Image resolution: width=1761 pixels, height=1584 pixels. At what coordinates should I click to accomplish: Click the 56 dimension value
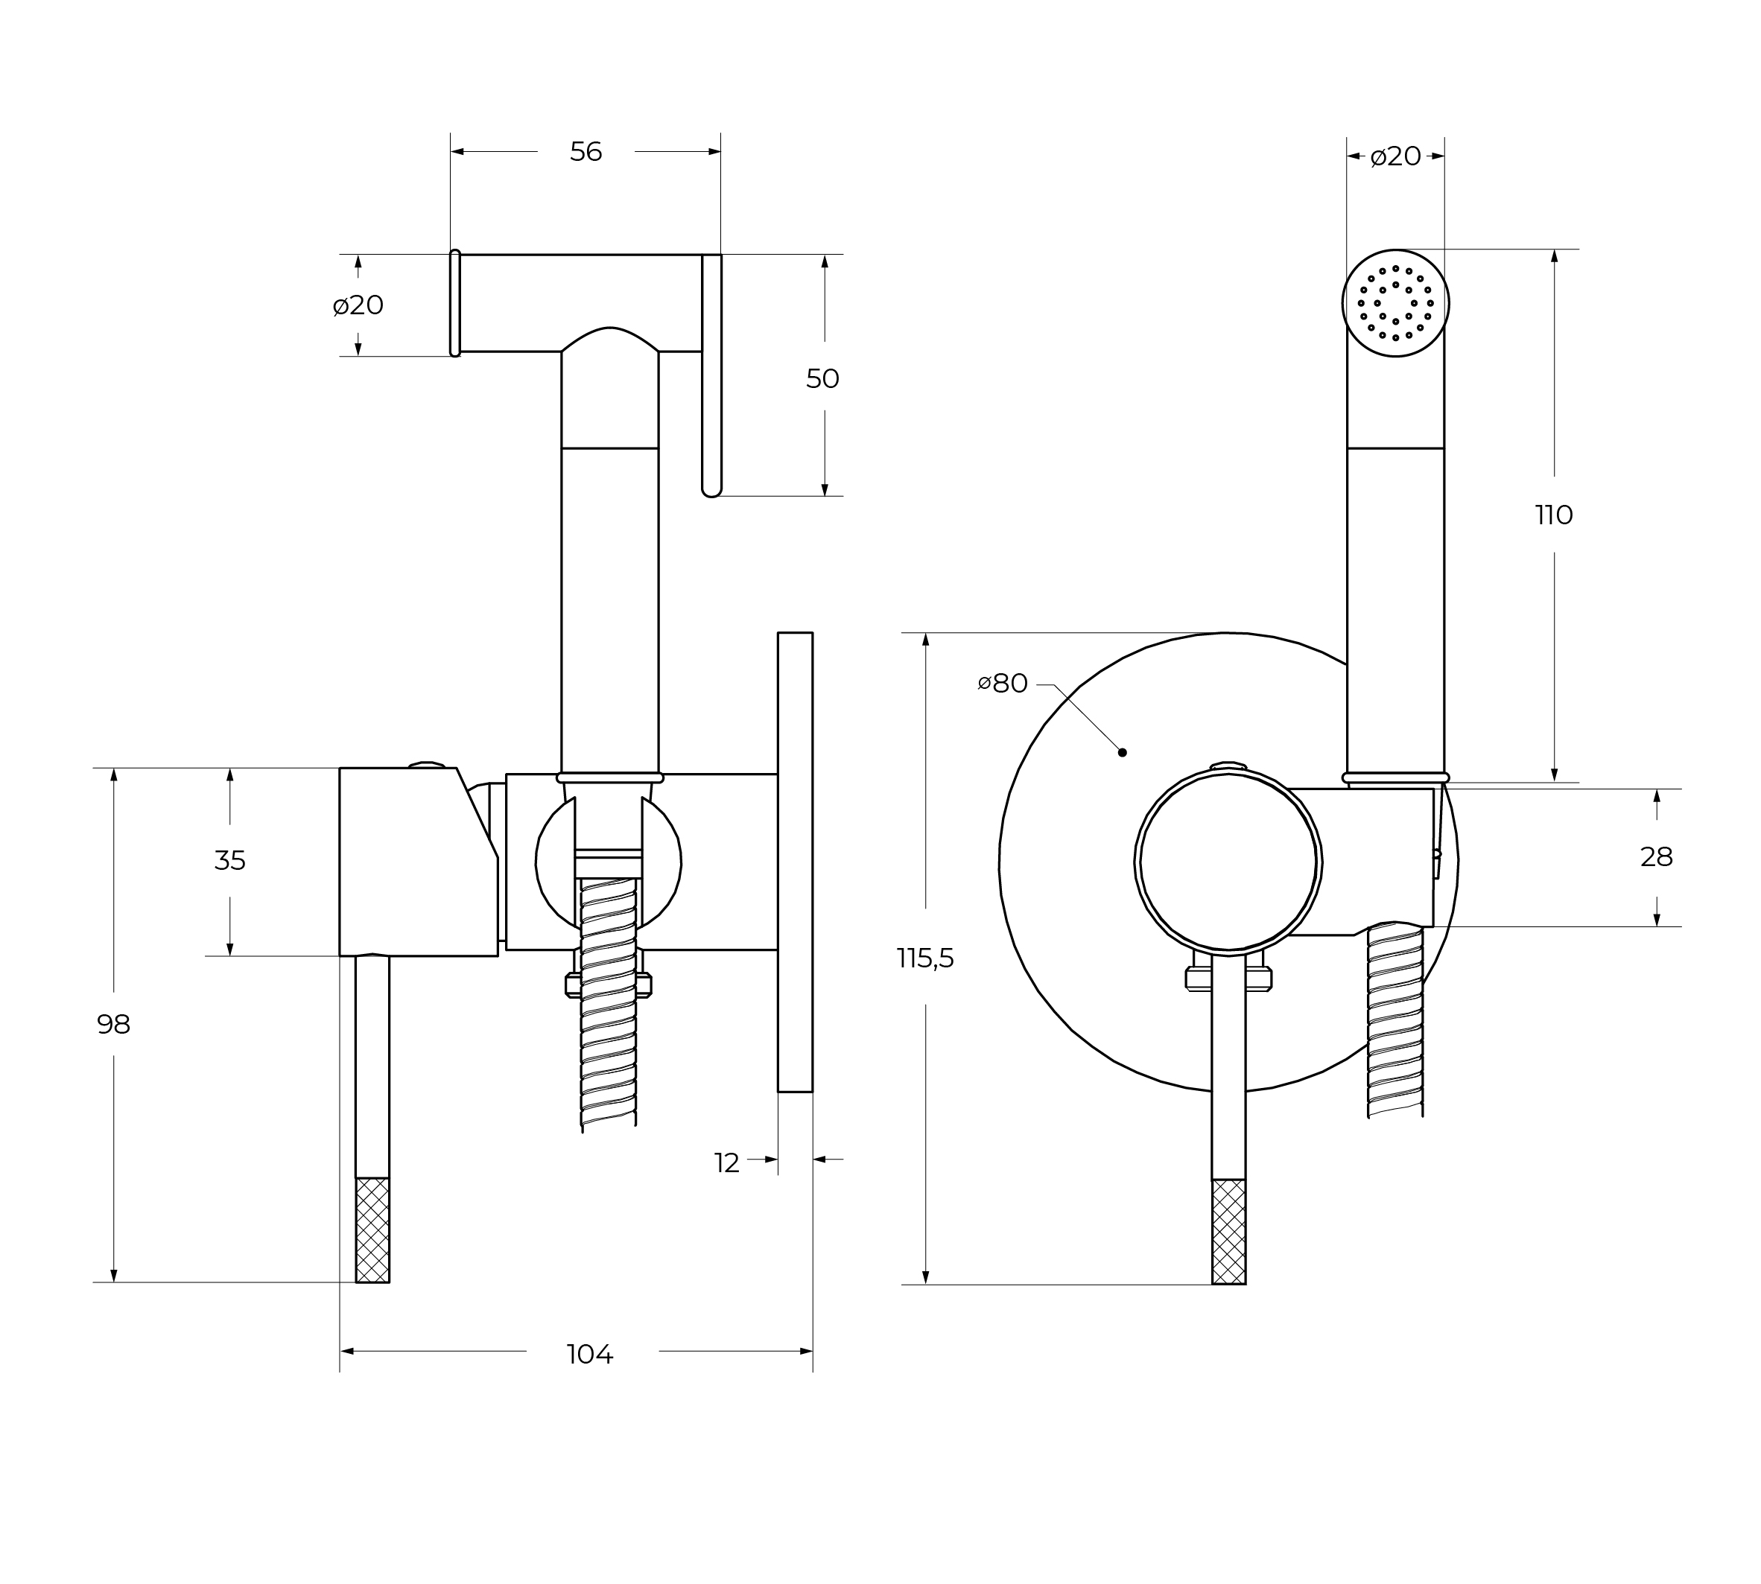pyautogui.click(x=586, y=153)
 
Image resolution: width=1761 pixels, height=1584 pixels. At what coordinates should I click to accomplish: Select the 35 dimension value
pyautogui.click(x=230, y=861)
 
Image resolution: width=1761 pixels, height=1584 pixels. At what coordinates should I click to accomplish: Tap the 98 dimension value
pyautogui.click(x=113, y=1025)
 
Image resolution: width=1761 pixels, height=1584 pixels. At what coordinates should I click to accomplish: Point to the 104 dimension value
pyautogui.click(x=590, y=1354)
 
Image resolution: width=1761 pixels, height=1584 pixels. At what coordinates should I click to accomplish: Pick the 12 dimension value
pyautogui.click(x=727, y=1162)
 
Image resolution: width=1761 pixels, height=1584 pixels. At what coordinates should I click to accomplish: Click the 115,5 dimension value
pyautogui.click(x=925, y=958)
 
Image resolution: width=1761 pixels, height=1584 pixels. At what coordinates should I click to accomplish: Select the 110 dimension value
pyautogui.click(x=1554, y=515)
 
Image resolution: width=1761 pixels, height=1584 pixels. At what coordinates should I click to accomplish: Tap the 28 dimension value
pyautogui.click(x=1657, y=857)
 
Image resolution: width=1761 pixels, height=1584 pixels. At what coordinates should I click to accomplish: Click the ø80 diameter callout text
pyautogui.click(x=1003, y=683)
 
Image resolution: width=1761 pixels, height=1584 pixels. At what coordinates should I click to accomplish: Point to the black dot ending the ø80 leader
pyautogui.click(x=1122, y=752)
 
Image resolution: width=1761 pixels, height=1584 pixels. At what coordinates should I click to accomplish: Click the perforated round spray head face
pyautogui.click(x=1395, y=303)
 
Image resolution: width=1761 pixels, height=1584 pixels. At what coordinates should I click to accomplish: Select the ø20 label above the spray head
pyautogui.click(x=1395, y=156)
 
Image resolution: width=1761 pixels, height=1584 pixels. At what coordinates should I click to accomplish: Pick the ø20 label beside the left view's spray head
pyautogui.click(x=358, y=305)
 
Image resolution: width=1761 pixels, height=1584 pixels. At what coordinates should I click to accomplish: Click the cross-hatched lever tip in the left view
pyautogui.click(x=372, y=1230)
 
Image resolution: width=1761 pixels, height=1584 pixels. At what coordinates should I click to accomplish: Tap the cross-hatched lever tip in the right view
pyautogui.click(x=1228, y=1232)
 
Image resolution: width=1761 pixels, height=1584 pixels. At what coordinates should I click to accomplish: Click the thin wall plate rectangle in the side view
pyautogui.click(x=795, y=862)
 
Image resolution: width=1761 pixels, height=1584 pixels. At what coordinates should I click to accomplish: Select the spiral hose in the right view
pyautogui.click(x=1395, y=1018)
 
